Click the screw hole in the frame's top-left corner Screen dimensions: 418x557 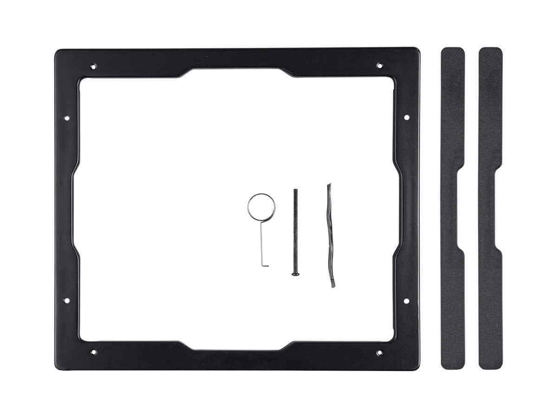[x=93, y=66]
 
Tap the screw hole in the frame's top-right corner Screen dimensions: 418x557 [x=379, y=65]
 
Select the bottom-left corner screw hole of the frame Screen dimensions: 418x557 [x=93, y=352]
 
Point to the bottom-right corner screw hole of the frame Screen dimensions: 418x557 [x=379, y=353]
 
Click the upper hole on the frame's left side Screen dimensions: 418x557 [x=66, y=118]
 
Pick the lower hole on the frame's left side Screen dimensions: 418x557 [x=66, y=300]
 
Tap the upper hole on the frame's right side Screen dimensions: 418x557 [x=406, y=118]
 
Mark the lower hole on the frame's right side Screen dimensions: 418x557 [x=406, y=301]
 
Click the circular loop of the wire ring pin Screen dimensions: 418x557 [x=261, y=207]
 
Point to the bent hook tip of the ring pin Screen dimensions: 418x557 [x=265, y=266]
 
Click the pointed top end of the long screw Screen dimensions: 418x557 [x=294, y=190]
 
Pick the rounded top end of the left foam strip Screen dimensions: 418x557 [x=453, y=52]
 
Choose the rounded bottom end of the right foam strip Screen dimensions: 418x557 [x=490, y=364]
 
